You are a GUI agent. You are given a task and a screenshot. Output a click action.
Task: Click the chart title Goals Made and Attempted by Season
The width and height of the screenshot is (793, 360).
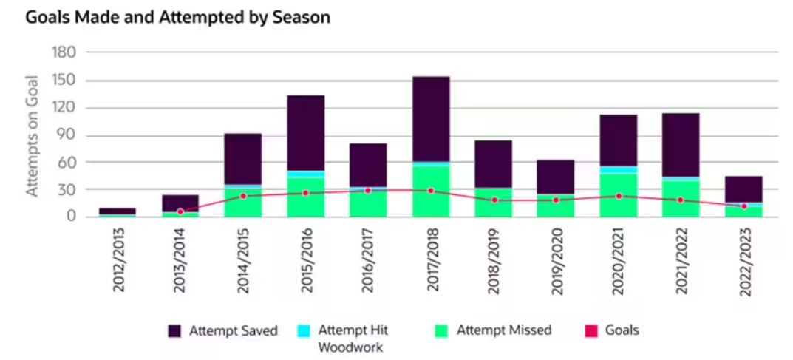(x=177, y=17)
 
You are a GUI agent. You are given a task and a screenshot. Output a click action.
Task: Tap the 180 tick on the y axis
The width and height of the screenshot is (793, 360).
(x=64, y=53)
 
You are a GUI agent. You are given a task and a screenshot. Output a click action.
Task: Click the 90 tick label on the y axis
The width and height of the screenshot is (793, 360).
(x=67, y=135)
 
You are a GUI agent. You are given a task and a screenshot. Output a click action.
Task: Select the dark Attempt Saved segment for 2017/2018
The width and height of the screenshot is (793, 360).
(x=431, y=118)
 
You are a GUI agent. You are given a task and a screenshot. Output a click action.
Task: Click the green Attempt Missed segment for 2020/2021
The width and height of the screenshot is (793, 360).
(x=619, y=195)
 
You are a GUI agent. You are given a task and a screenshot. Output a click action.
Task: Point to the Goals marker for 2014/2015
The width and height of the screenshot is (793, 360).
(x=243, y=196)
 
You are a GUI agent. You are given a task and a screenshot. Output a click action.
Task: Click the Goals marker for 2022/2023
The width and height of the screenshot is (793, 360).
(x=744, y=206)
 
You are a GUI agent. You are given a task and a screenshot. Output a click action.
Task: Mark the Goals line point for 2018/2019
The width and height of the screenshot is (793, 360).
(x=494, y=200)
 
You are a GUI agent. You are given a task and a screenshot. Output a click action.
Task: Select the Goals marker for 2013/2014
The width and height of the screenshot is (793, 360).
(x=180, y=211)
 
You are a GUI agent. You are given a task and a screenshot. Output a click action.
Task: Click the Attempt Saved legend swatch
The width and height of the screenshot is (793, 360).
(x=175, y=331)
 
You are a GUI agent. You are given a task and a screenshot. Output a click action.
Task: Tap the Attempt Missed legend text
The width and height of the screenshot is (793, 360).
(x=505, y=330)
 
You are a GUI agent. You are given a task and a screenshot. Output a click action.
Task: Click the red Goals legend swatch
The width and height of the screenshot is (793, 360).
(x=591, y=331)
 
